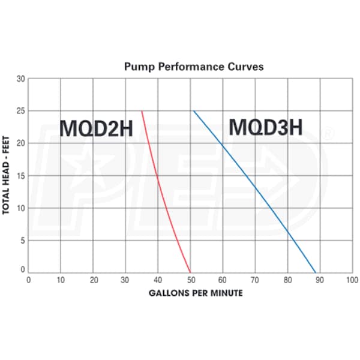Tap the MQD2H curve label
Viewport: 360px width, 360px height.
(x=97, y=128)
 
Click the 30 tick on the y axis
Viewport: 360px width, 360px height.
(x=20, y=79)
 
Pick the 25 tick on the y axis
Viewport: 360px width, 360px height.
(x=20, y=111)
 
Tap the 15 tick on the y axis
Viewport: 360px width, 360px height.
(x=20, y=176)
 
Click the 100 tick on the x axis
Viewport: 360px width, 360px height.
(x=352, y=280)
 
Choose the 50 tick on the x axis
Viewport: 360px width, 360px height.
(x=190, y=280)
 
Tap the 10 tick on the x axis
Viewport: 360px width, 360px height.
(x=61, y=280)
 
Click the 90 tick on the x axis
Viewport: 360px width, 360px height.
(x=320, y=280)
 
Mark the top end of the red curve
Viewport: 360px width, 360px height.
(x=142, y=111)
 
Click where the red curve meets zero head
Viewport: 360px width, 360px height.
(x=190, y=272)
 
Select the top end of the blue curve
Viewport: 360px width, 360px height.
(x=193, y=111)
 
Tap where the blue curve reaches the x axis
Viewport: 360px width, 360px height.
(x=316, y=272)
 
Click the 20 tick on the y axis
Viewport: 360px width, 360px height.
(x=20, y=143)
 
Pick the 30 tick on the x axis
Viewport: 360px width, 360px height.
(x=125, y=280)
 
